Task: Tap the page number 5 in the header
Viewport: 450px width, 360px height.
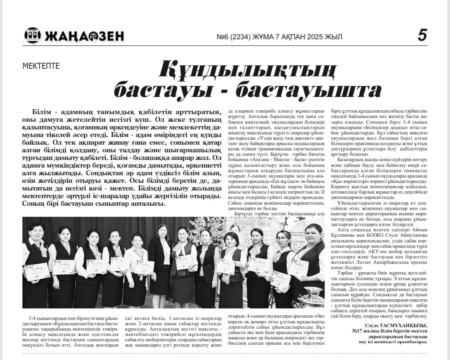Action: pos(422,36)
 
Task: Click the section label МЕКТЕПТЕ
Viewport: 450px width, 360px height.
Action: pos(41,66)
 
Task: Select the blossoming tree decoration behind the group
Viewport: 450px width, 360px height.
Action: pos(214,229)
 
